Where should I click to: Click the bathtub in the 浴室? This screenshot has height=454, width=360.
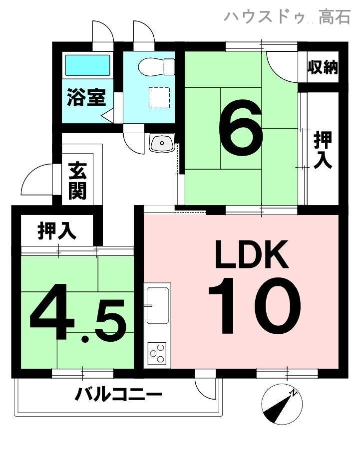(87, 65)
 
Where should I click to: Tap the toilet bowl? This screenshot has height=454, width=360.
(156, 66)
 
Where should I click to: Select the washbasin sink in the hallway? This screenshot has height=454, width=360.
(161, 143)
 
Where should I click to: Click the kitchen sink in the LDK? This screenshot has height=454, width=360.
(157, 305)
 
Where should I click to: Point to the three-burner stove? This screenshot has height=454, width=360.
(157, 353)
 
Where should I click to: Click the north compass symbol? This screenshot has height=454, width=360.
(282, 404)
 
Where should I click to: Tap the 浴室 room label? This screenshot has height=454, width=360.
(86, 97)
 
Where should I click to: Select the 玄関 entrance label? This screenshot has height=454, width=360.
(77, 182)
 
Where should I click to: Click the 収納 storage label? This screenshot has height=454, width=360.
(323, 67)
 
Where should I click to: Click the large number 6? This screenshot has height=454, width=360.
(241, 128)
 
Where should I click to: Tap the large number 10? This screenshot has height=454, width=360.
(254, 305)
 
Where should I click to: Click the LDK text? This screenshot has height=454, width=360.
(252, 254)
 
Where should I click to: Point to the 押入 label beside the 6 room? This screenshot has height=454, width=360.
(323, 150)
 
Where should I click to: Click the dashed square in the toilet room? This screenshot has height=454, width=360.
(159, 98)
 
